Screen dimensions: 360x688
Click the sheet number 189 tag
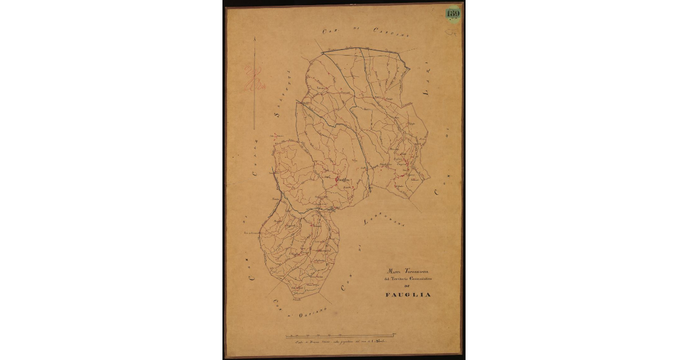[x=453, y=13]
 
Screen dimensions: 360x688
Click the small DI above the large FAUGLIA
[x=408, y=286]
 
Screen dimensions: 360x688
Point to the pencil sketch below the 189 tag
[x=452, y=32]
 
